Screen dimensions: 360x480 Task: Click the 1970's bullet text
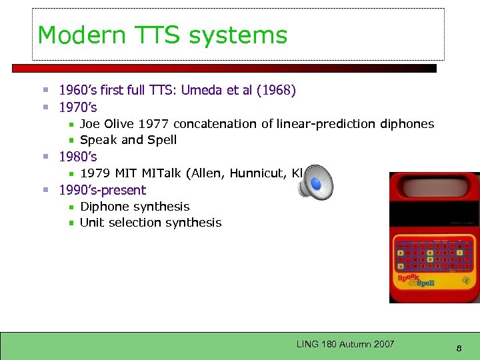click(78, 107)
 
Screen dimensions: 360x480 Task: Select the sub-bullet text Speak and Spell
click(128, 140)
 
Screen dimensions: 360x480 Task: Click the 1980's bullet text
click(78, 157)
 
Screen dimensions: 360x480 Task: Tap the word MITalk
click(161, 173)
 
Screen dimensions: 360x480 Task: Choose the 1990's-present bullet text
click(102, 190)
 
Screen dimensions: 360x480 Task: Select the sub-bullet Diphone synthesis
click(135, 207)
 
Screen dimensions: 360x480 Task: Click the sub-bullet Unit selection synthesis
click(151, 223)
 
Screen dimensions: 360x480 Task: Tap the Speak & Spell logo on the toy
click(416, 280)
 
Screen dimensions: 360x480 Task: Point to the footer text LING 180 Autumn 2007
click(345, 344)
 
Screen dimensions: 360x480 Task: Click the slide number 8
click(459, 347)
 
